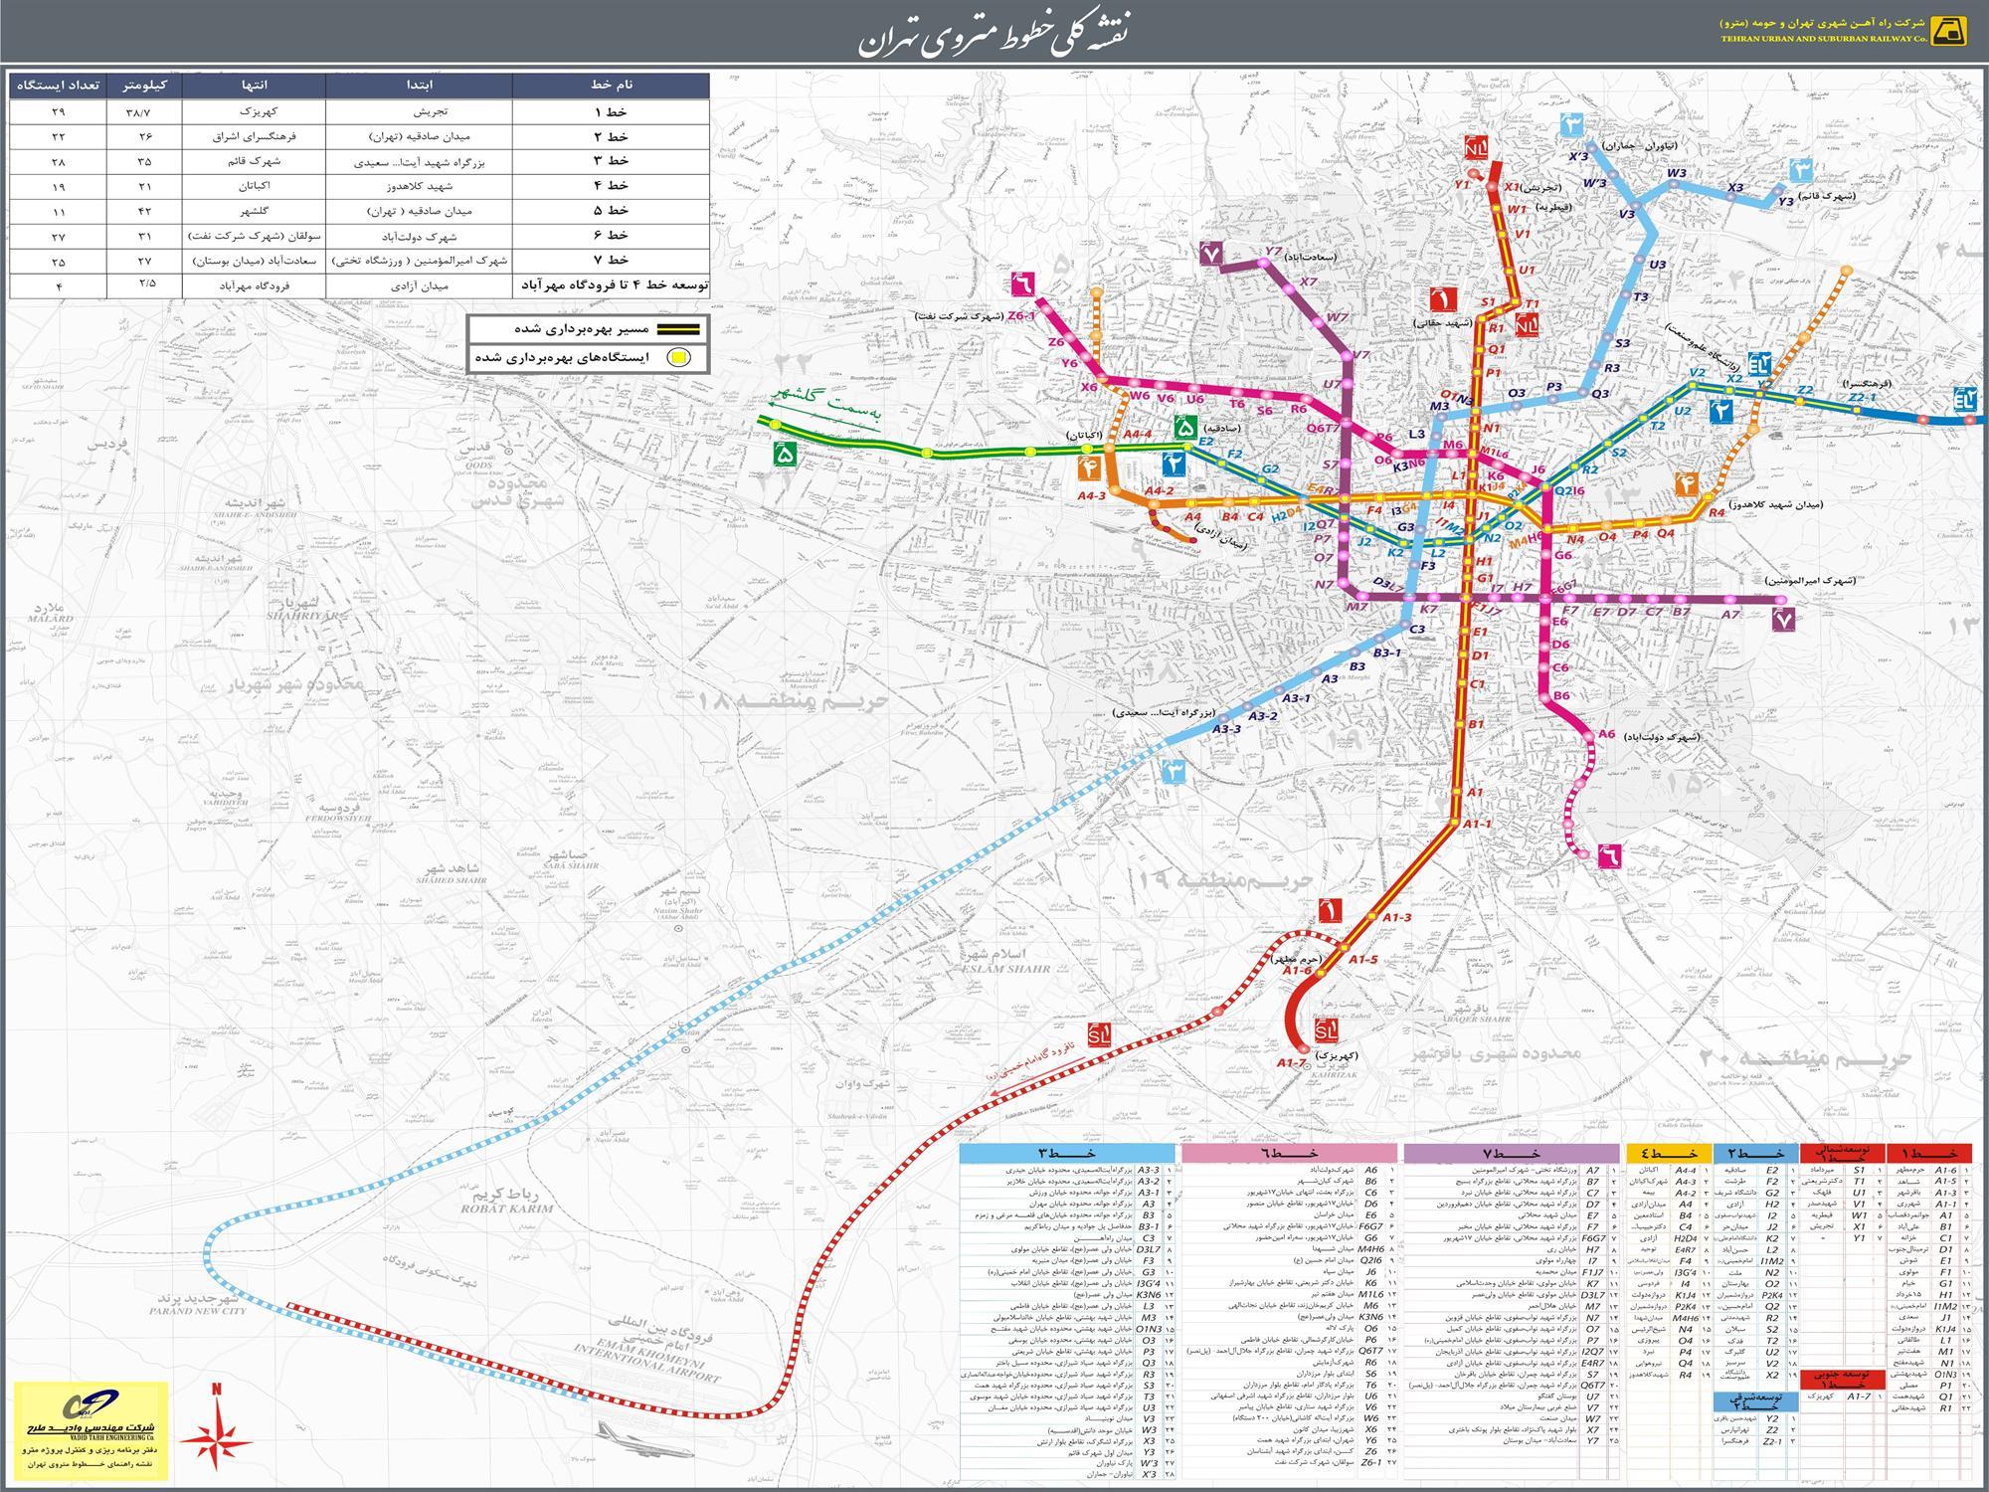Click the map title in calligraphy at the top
(x=994, y=34)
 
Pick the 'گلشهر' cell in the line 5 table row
(x=255, y=211)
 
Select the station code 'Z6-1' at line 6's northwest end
(x=1021, y=315)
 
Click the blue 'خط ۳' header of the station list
(x=1069, y=1154)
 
